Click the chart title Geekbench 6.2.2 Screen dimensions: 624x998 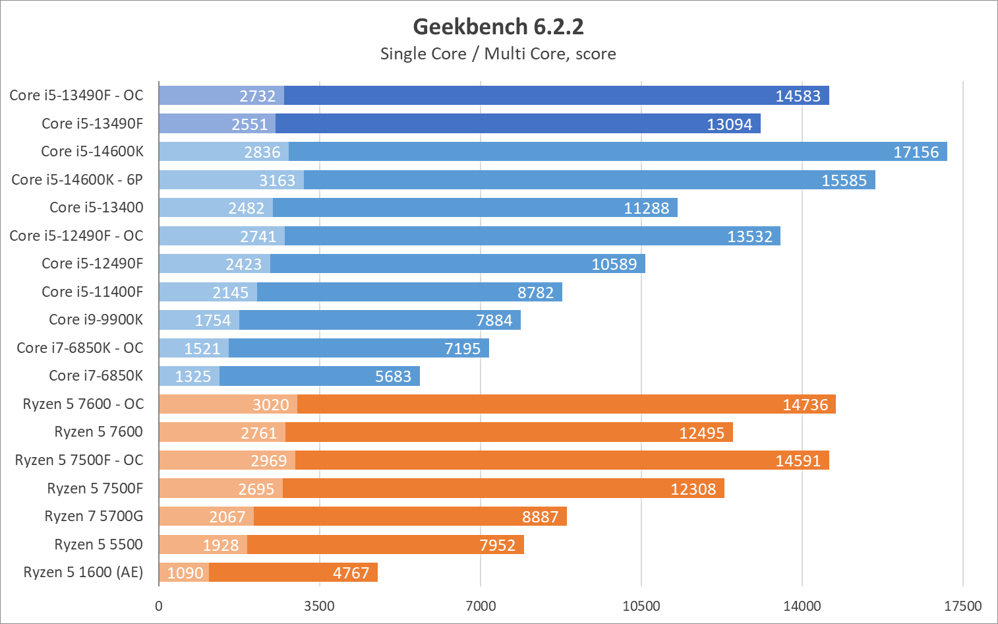coord(498,27)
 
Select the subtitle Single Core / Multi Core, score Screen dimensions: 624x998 coord(498,54)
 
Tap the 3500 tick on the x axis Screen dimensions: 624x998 coord(320,606)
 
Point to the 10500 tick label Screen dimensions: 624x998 coord(641,606)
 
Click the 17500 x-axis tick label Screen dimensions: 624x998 coord(962,606)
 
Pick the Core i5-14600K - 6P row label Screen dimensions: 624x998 coord(77,179)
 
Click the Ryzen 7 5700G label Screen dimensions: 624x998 coord(94,516)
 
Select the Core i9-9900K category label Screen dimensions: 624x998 coord(96,319)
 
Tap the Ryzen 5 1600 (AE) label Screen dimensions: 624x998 coord(83,572)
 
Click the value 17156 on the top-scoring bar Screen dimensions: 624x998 coord(916,152)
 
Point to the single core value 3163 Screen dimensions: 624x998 coord(277,180)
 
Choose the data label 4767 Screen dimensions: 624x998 coord(351,573)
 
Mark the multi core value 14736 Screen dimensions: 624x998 coord(805,404)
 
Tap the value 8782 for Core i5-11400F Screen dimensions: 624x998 coord(535,292)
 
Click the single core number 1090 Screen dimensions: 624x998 coord(185,573)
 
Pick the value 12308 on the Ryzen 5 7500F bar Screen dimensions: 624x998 coord(693,489)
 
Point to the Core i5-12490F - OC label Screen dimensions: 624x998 coord(76,235)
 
